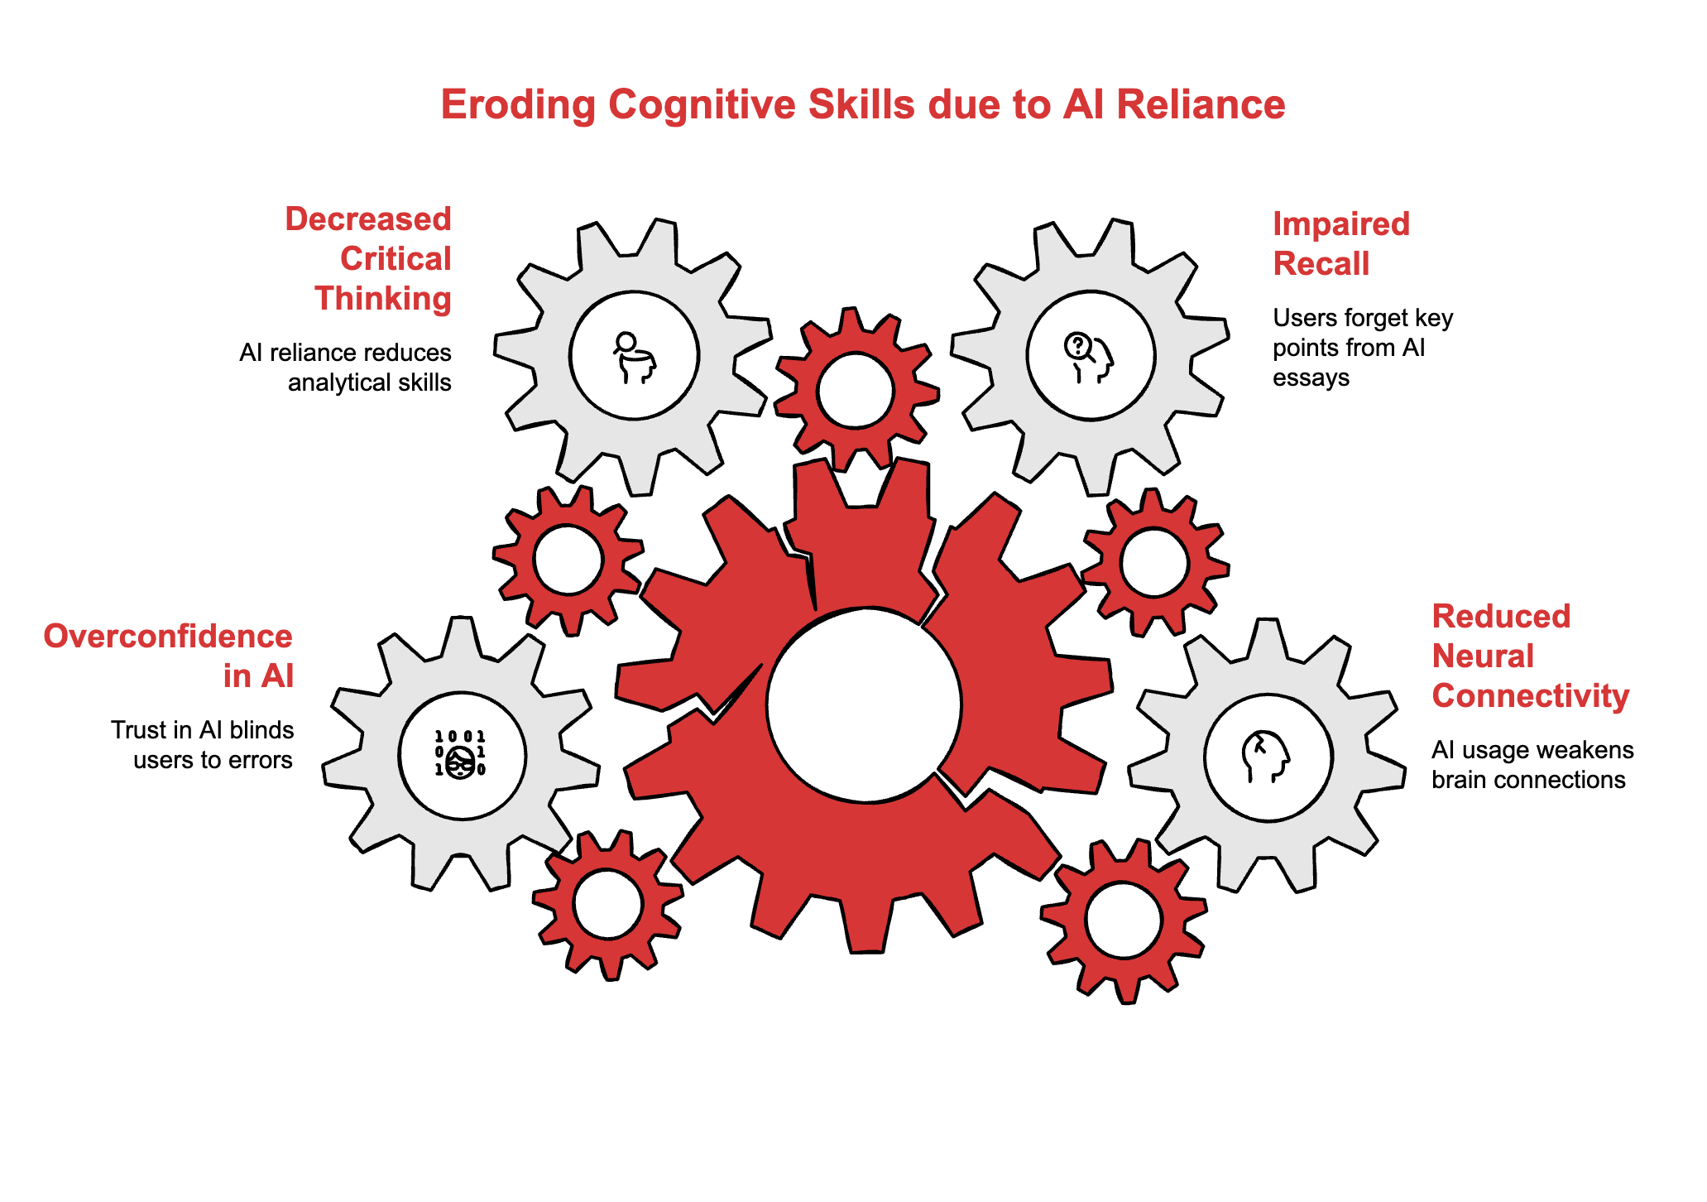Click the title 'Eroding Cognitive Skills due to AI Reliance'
coord(862,105)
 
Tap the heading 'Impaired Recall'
coord(1340,243)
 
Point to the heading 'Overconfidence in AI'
coord(169,656)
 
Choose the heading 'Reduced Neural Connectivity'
coord(1530,656)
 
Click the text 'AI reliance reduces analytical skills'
coord(345,368)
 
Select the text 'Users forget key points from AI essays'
coord(1362,348)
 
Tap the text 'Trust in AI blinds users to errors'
coord(203,745)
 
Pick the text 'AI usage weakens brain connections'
coord(1532,765)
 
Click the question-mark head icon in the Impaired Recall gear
coord(1089,357)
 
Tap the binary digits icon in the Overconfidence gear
coord(460,754)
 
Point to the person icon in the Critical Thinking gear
coord(635,357)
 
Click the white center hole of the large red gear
coord(864,704)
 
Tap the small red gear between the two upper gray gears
coord(856,391)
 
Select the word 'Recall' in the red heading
coord(1321,264)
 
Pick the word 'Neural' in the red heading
coord(1483,656)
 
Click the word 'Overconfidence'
coord(169,636)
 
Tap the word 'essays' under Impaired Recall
coord(1311,377)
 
